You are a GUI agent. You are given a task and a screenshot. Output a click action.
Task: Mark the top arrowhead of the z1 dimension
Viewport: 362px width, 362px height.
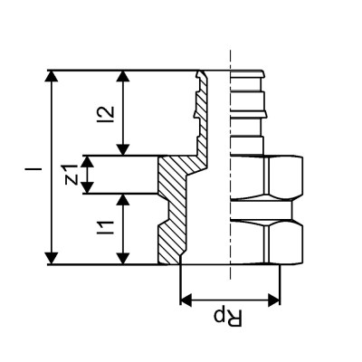(89, 161)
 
